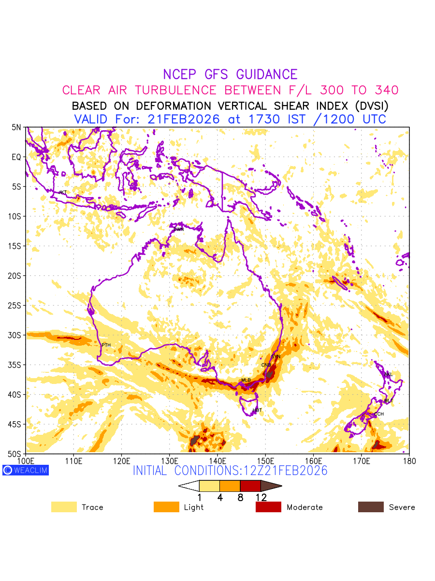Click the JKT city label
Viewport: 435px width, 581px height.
[62, 193]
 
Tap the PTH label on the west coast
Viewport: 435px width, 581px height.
[106, 345]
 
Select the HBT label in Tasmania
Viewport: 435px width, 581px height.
[257, 411]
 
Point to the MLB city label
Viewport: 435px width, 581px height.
[246, 380]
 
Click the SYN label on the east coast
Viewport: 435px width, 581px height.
[275, 357]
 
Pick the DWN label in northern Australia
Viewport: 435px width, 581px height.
[178, 229]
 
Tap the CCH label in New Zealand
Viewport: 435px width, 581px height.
[379, 414]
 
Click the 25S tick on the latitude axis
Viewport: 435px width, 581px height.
[16, 306]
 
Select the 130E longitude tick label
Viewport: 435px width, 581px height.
[170, 460]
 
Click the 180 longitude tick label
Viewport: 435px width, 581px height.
[409, 460]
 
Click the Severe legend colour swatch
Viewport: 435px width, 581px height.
[371, 507]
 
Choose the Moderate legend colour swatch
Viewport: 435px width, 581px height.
[268, 507]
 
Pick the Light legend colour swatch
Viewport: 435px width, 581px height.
[166, 507]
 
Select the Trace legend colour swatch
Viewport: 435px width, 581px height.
[64, 507]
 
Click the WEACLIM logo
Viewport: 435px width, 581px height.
[26, 470]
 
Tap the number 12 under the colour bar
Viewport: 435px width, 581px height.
[261, 497]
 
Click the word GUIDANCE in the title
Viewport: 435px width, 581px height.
[267, 75]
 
